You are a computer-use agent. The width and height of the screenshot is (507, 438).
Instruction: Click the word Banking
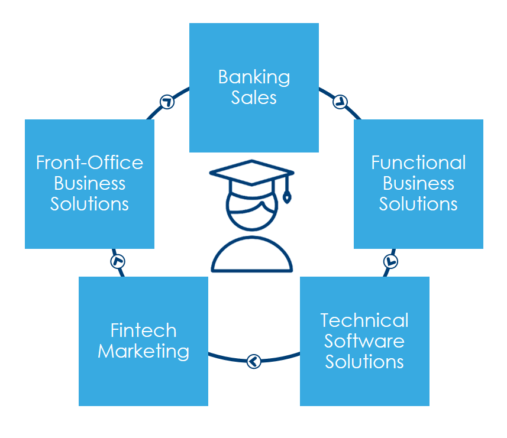[x=254, y=77]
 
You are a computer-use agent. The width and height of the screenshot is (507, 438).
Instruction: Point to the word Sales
[x=254, y=98]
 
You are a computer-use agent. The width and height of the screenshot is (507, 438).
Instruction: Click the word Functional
[x=418, y=163]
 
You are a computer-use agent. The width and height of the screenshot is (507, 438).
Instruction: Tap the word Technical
[x=364, y=320]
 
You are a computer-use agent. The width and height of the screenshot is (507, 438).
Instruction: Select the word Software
[x=364, y=341]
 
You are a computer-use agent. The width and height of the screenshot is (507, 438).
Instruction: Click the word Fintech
[x=143, y=330]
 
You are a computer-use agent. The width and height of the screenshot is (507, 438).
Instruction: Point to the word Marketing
[x=143, y=351]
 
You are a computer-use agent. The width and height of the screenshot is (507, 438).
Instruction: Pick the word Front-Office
[x=89, y=163]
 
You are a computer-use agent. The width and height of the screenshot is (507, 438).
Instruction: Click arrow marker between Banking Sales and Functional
[x=340, y=101]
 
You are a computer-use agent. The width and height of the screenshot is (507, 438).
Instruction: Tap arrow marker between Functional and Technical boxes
[x=390, y=261]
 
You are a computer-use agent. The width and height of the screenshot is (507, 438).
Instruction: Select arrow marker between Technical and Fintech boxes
[x=254, y=360]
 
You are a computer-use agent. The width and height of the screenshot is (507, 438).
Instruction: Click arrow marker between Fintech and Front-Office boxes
[x=118, y=261]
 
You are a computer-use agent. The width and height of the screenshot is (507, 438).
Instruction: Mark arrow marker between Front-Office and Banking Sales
[x=167, y=101]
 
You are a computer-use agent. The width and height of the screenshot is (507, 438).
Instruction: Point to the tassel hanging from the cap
[x=287, y=195]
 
